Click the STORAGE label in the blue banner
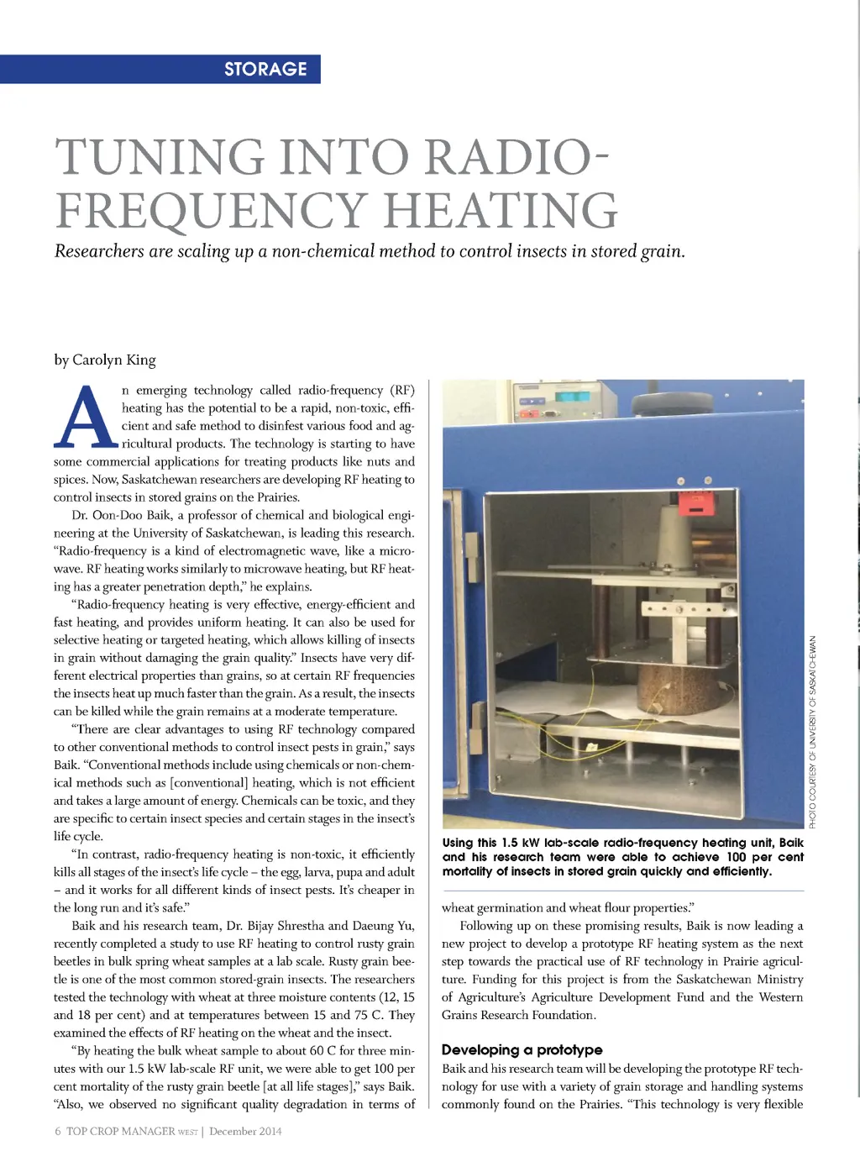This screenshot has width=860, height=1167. [265, 69]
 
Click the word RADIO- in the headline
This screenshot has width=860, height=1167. [517, 156]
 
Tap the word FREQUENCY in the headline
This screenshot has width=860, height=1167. [211, 210]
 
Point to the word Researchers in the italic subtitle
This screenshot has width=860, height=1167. [99, 251]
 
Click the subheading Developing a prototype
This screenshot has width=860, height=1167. [522, 1049]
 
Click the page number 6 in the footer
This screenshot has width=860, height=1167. [58, 1131]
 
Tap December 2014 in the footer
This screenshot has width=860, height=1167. [245, 1131]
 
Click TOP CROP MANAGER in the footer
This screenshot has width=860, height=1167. [120, 1131]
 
